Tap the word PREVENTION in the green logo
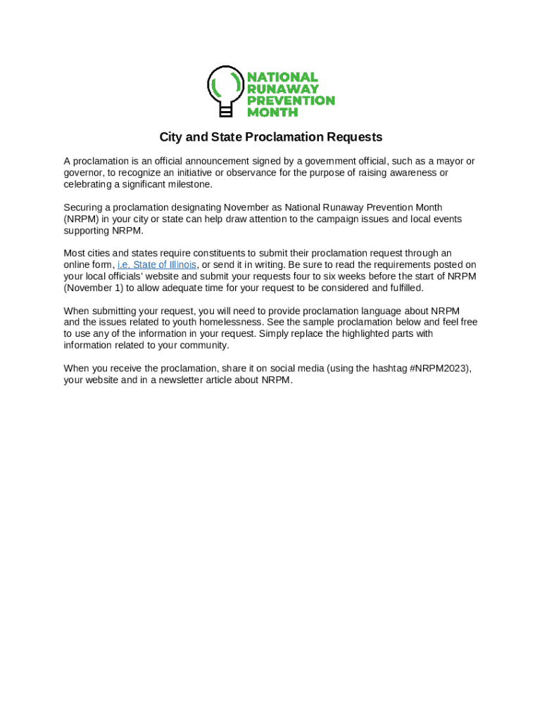coord(290,101)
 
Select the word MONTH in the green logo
coord(267,112)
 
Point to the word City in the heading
coord(170,137)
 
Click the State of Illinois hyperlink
coord(157,265)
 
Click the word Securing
coord(83,207)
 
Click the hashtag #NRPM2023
coord(439,368)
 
